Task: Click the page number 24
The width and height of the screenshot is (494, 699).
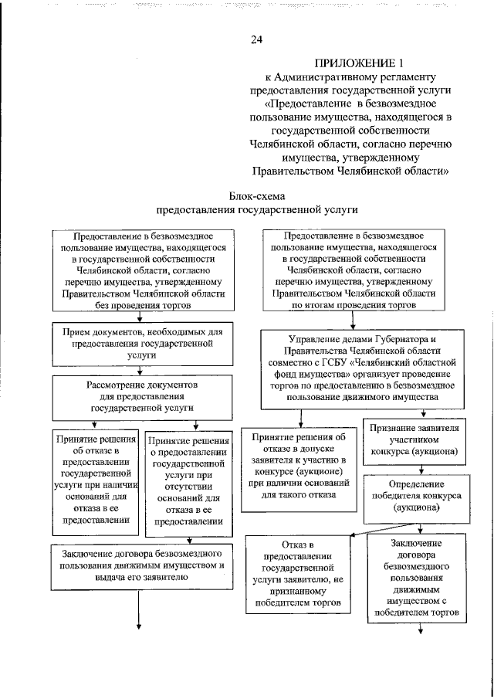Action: (256, 40)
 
